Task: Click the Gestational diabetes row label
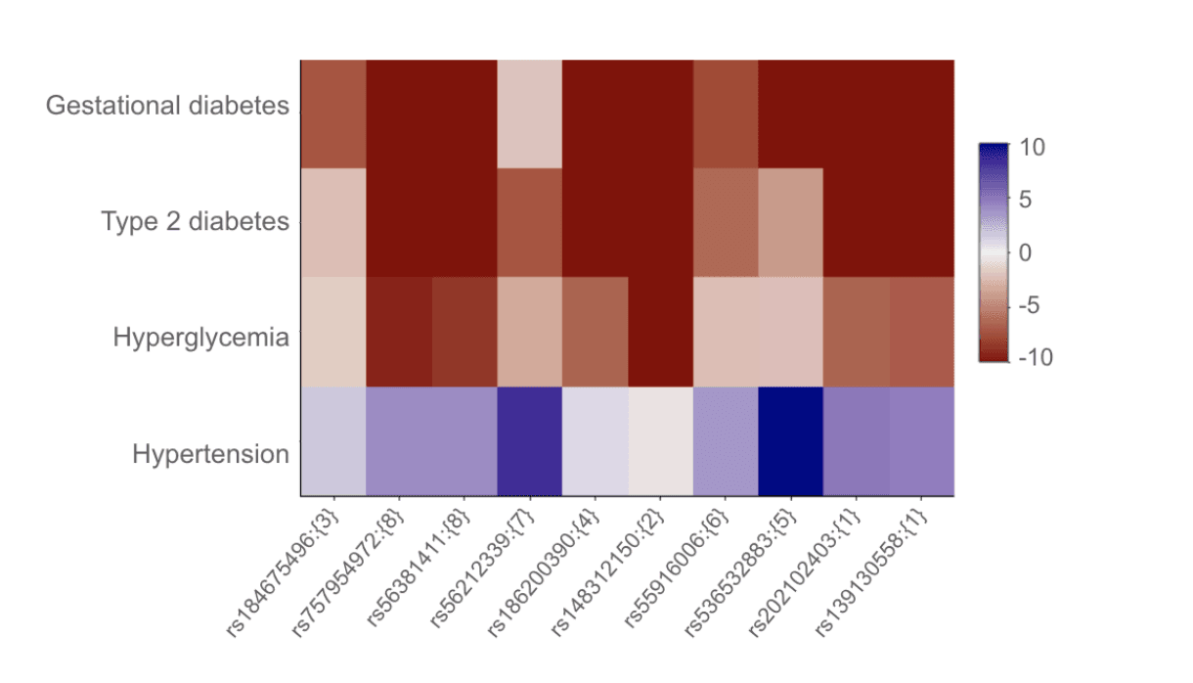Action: (x=167, y=106)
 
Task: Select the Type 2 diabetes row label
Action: (x=195, y=222)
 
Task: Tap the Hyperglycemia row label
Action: (x=200, y=339)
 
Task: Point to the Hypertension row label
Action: (x=210, y=455)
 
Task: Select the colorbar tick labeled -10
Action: (x=1035, y=358)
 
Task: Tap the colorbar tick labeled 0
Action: (x=1027, y=253)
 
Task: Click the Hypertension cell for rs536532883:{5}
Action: (x=790, y=441)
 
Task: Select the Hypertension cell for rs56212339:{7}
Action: (x=529, y=441)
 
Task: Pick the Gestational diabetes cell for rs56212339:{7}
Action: (x=529, y=114)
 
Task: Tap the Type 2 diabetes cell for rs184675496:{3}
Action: (x=332, y=222)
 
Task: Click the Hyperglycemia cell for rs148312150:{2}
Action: (x=660, y=332)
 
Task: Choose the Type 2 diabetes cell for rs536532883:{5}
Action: (x=790, y=222)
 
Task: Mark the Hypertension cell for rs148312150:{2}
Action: (x=660, y=441)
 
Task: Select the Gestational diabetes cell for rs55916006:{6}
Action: (x=726, y=114)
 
